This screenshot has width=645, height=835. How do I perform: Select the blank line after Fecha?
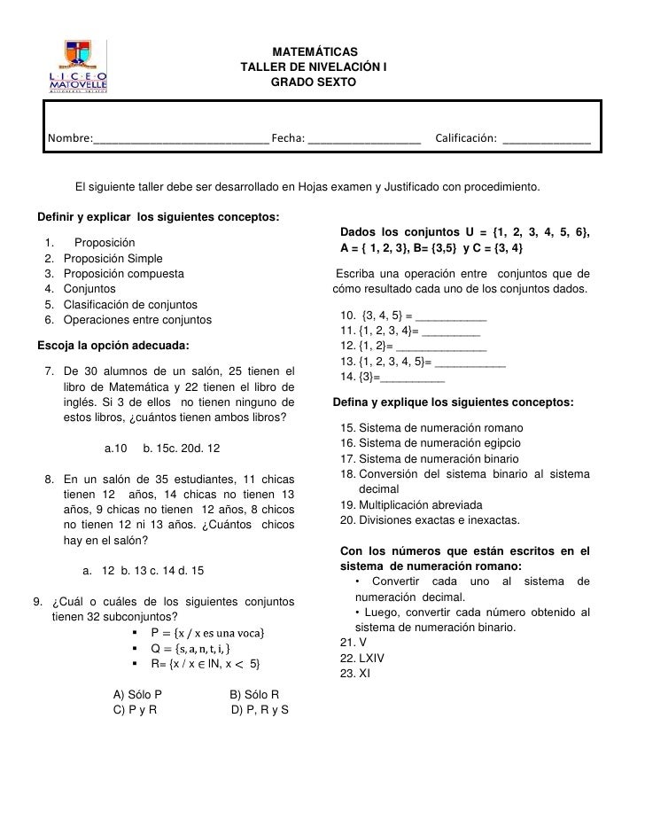pos(364,139)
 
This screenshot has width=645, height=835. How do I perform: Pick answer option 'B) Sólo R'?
pos(254,695)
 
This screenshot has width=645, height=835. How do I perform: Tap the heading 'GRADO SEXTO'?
pos(313,82)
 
